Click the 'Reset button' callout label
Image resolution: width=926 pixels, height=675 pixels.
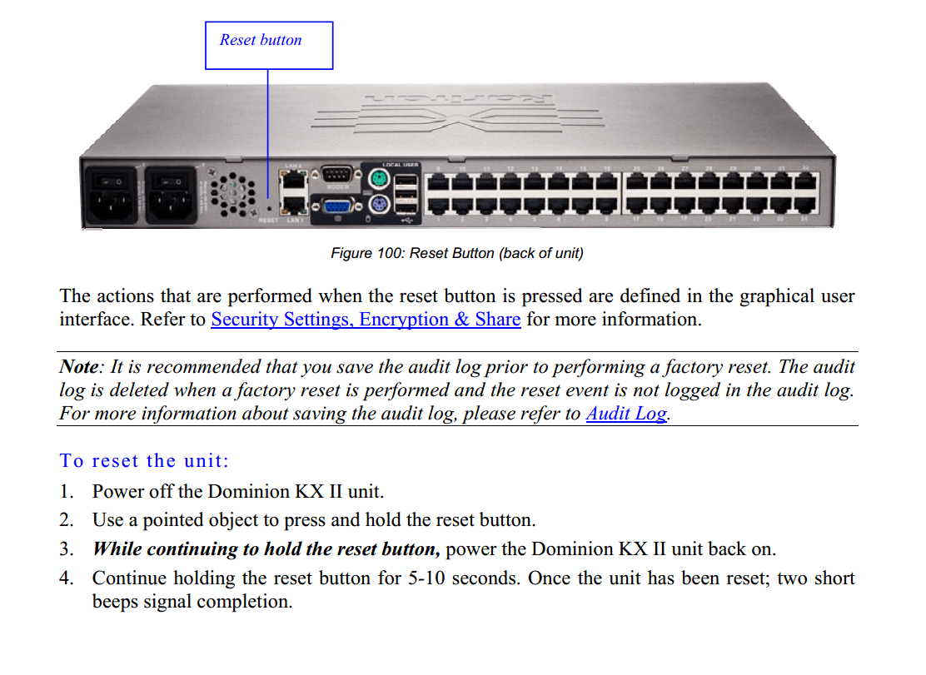(261, 41)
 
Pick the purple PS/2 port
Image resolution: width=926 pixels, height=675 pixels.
(376, 206)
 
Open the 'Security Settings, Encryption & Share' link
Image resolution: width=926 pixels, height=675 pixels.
(366, 320)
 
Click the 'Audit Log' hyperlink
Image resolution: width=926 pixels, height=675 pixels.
(625, 414)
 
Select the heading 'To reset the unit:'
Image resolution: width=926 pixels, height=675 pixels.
(144, 461)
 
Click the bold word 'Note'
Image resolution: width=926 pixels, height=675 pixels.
(79, 367)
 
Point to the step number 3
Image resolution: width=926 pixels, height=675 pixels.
(66, 549)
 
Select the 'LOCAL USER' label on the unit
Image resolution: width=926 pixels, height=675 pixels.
(400, 165)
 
